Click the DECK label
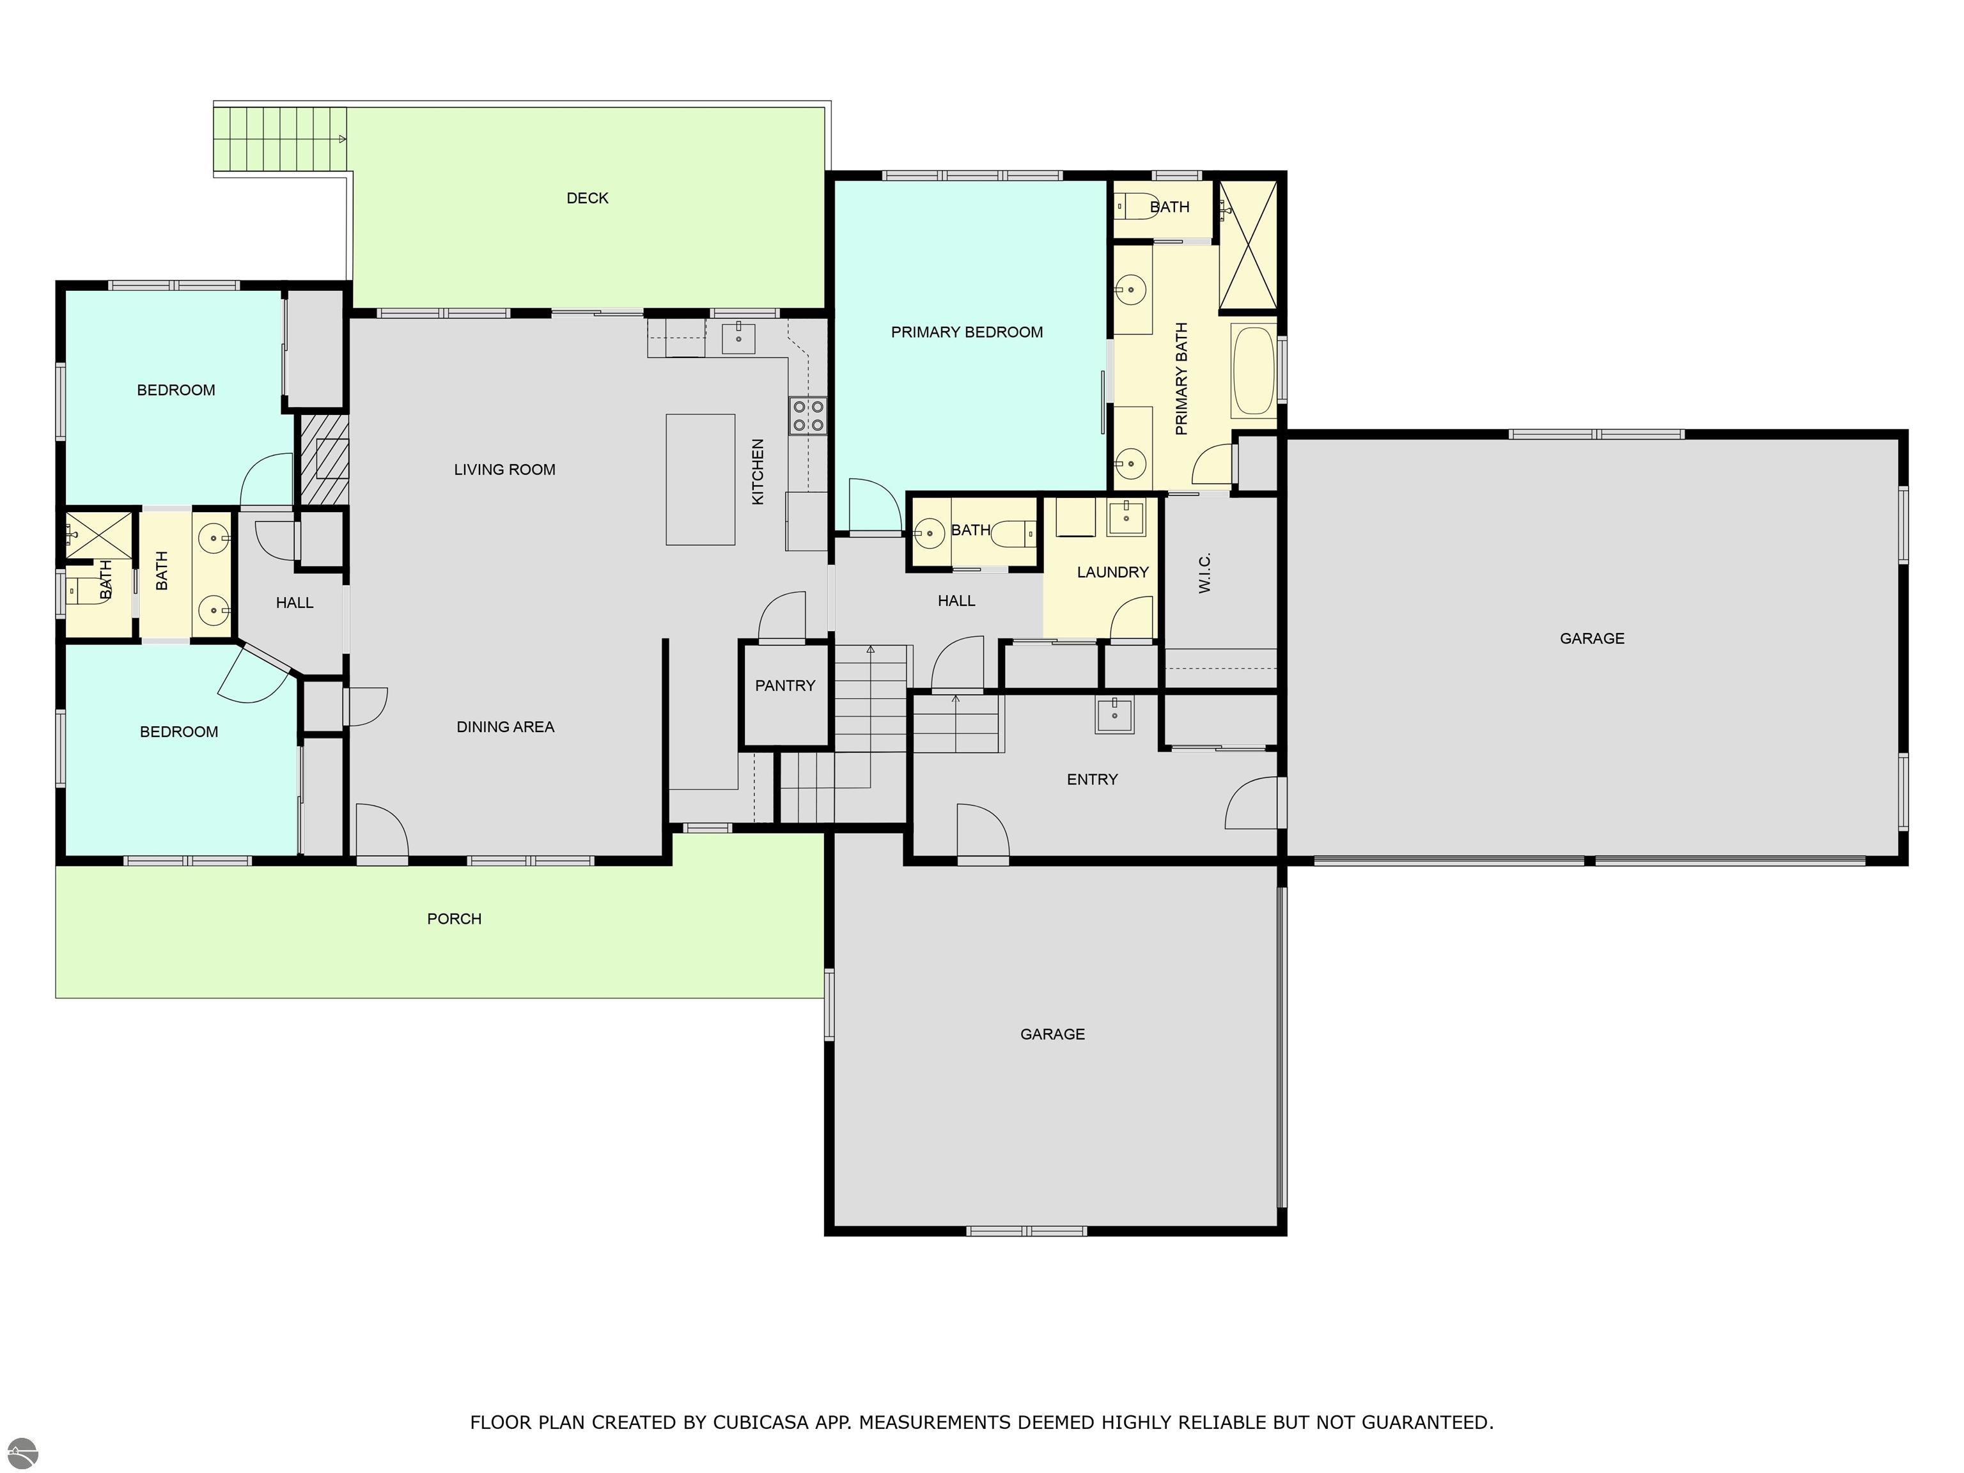point(587,198)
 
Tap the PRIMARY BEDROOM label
point(967,332)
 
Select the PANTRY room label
point(785,685)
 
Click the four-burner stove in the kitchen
point(808,416)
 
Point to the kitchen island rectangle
point(701,479)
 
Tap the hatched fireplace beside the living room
point(323,460)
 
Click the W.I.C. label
point(1205,573)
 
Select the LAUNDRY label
point(1112,573)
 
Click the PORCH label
point(454,919)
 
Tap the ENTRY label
point(1092,779)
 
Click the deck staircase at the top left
point(279,139)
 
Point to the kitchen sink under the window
point(738,338)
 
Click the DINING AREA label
point(505,727)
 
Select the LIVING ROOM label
point(504,470)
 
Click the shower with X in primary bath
point(1247,245)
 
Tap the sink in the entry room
point(1114,715)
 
